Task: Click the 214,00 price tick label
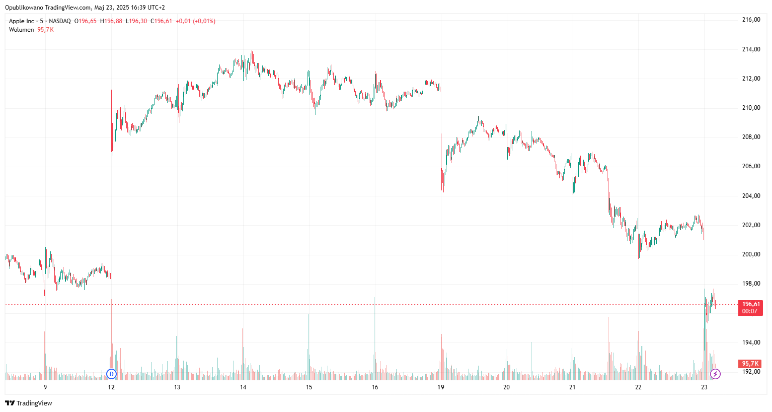pyautogui.click(x=751, y=49)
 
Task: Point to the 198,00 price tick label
pyautogui.click(x=751, y=284)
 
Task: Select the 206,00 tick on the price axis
pyautogui.click(x=751, y=166)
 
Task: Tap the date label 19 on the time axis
pyautogui.click(x=441, y=387)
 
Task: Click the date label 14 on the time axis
pyautogui.click(x=243, y=387)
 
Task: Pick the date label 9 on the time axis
pyautogui.click(x=45, y=387)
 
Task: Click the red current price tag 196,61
pyautogui.click(x=750, y=304)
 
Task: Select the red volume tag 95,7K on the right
pyautogui.click(x=750, y=364)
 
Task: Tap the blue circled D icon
pyautogui.click(x=112, y=374)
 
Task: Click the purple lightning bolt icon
pyautogui.click(x=715, y=374)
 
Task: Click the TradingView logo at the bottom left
pyautogui.click(x=29, y=403)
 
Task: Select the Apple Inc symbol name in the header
pyautogui.click(x=22, y=21)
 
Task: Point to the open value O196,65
pyautogui.click(x=86, y=21)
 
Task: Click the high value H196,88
pyautogui.click(x=111, y=21)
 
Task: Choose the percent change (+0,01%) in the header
pyautogui.click(x=204, y=21)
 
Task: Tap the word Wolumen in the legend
pyautogui.click(x=22, y=30)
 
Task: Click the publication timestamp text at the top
pyautogui.click(x=85, y=8)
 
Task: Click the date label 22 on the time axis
pyautogui.click(x=638, y=387)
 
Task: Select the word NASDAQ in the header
pyautogui.click(x=60, y=21)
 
